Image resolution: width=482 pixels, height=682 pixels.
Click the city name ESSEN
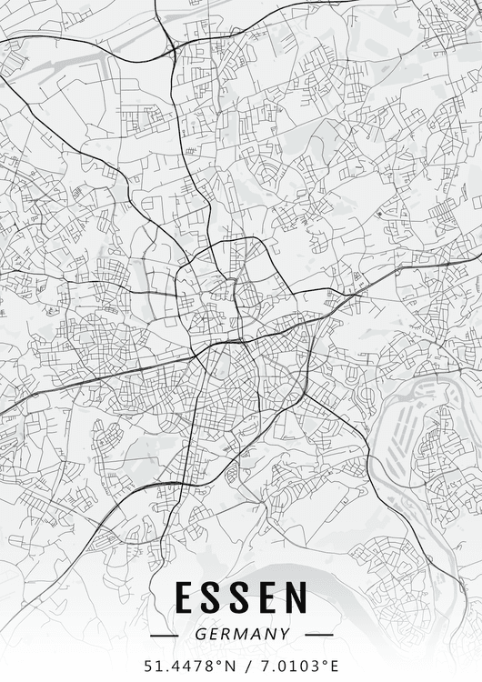point(241,598)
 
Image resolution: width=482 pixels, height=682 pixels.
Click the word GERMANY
point(241,634)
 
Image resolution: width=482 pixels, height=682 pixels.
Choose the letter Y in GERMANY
point(285,634)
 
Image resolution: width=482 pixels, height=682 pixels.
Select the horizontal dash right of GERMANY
point(319,635)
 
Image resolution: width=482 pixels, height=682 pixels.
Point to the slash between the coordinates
point(247,665)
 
